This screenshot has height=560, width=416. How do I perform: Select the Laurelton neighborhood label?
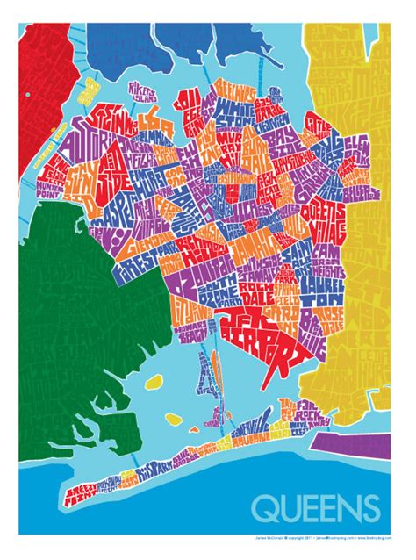click(318, 284)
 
